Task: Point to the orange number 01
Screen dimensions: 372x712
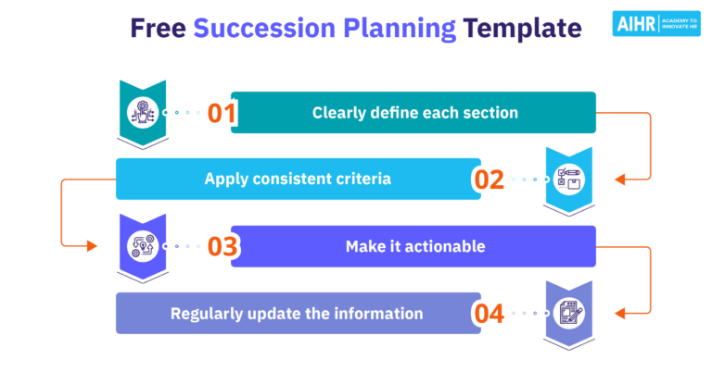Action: tap(222, 113)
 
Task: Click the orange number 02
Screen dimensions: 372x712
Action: tap(489, 180)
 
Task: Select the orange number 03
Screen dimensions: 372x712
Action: tap(222, 247)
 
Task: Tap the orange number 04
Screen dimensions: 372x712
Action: tap(489, 314)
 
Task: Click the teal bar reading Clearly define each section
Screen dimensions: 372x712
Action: tap(413, 113)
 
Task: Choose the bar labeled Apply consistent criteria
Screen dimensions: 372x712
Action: tap(297, 180)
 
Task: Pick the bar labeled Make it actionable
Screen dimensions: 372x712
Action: tap(413, 247)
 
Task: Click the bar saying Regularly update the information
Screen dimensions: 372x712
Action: tap(297, 314)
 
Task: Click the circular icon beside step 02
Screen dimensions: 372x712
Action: tap(567, 180)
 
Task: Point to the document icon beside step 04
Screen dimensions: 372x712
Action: tap(567, 314)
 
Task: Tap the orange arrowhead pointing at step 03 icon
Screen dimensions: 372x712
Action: tap(91, 246)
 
